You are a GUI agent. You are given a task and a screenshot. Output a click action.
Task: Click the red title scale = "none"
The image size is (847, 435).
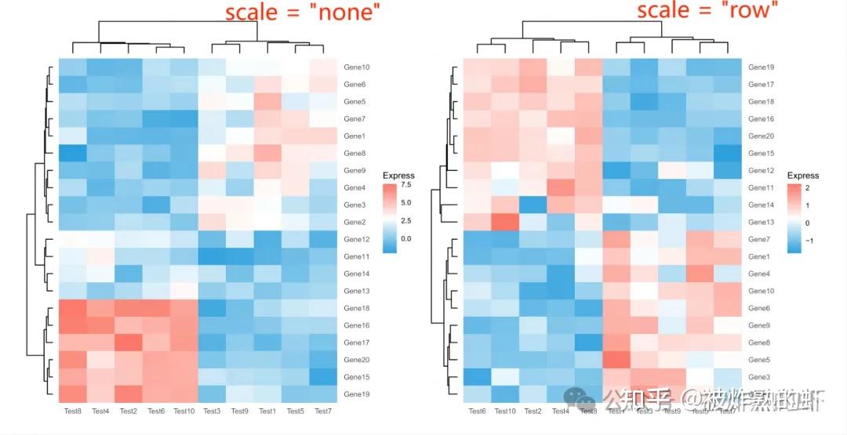click(x=303, y=13)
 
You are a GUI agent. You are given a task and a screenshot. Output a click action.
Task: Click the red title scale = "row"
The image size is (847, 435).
click(x=707, y=11)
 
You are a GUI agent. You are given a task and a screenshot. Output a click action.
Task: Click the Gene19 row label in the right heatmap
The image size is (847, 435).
click(x=761, y=67)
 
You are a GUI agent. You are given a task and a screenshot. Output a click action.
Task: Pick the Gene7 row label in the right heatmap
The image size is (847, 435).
click(x=759, y=239)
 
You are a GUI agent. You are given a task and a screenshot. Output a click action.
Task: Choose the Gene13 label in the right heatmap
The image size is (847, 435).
click(x=761, y=222)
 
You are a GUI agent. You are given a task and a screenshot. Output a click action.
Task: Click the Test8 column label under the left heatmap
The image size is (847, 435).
click(x=72, y=411)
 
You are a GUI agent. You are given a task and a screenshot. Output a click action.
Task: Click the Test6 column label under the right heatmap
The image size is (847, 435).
click(x=477, y=411)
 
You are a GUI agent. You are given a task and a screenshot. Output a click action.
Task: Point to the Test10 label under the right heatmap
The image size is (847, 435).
click(x=505, y=411)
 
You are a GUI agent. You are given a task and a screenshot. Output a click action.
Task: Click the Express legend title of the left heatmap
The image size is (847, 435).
click(x=398, y=176)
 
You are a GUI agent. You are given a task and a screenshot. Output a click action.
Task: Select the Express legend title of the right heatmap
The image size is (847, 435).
click(x=803, y=176)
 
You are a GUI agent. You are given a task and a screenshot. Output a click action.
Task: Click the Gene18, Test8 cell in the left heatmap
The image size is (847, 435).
click(x=72, y=308)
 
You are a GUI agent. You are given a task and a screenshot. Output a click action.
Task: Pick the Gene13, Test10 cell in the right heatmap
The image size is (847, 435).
click(x=505, y=222)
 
